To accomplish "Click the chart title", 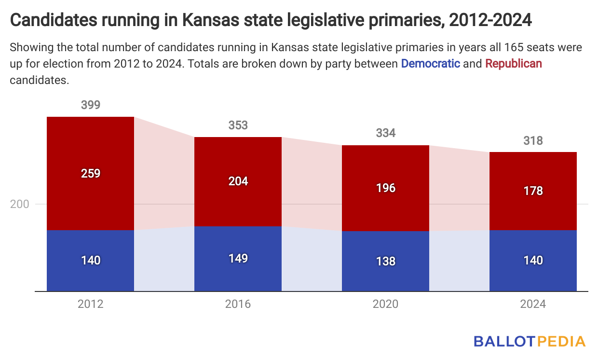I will (271, 20).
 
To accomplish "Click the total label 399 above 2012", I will (91, 105).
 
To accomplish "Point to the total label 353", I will (238, 125).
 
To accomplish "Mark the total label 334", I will (385, 133).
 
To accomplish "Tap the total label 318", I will (533, 140).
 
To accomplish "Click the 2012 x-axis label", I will (91, 304).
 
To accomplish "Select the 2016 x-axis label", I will (238, 304).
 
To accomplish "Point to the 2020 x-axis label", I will (385, 304).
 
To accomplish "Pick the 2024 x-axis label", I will (533, 304).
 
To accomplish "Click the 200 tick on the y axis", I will (20, 204).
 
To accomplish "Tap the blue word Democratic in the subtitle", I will (430, 63).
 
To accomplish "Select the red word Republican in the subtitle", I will (513, 63).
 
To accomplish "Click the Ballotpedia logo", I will (529, 341).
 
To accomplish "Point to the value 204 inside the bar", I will (238, 181).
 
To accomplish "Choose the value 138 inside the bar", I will (385, 261).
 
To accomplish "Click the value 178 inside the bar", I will (533, 191).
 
